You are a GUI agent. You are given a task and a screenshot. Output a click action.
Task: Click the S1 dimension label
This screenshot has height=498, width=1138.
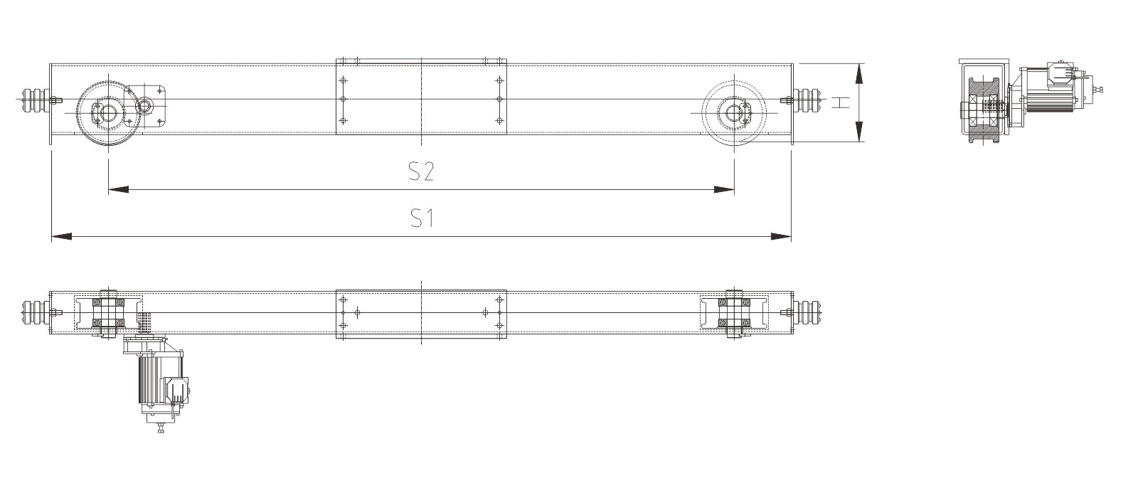[422, 218]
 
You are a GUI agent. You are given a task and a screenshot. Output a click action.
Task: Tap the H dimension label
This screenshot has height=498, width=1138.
[841, 102]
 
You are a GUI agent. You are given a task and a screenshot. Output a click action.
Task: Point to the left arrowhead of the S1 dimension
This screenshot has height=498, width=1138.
[61, 236]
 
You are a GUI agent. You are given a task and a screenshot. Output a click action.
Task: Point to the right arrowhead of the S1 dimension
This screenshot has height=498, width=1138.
[782, 236]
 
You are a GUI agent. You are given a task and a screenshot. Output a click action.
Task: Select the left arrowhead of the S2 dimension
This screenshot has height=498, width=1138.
[118, 190]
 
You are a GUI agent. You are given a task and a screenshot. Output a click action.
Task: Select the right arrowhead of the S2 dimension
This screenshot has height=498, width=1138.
[724, 190]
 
